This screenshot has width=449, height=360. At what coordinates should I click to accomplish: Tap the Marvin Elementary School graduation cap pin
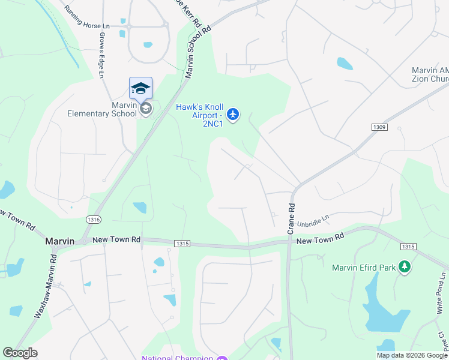pos(140,89)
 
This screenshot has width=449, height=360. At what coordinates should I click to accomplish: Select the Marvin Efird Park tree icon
pos(405,266)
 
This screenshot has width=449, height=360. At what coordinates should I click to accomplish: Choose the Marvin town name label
pos(60,241)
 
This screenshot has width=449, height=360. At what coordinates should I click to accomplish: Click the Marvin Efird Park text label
pos(364,267)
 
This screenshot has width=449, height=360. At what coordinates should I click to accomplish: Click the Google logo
pos(20,353)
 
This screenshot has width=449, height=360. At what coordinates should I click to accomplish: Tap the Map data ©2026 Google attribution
pos(412,355)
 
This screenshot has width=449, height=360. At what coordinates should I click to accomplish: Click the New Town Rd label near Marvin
pos(116,239)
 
